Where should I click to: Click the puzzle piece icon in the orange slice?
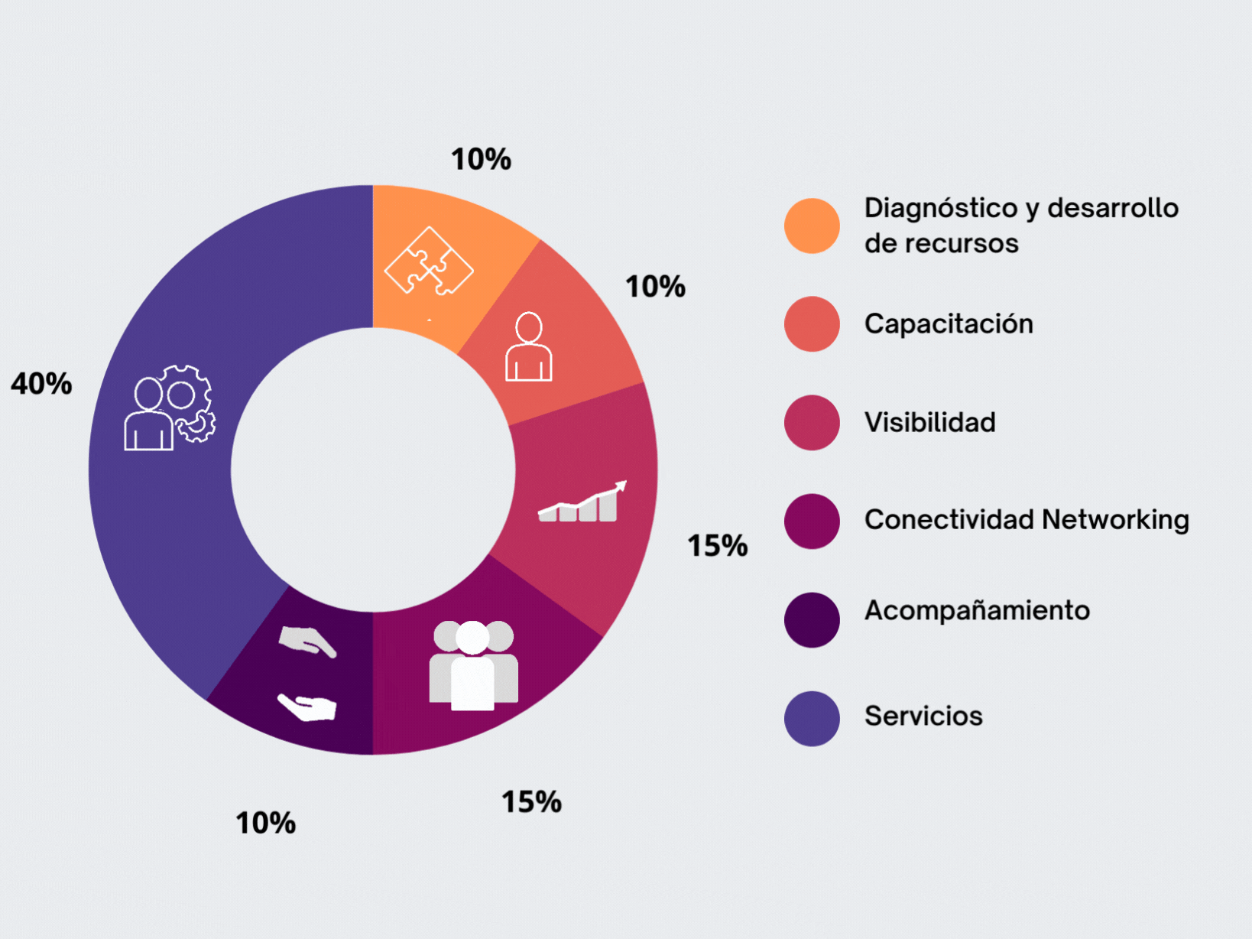tap(429, 262)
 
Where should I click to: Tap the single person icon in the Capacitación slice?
tap(528, 347)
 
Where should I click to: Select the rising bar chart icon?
tap(582, 502)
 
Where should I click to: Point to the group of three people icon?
tap(473, 665)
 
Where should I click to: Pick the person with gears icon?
tap(170, 408)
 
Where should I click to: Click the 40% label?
tap(41, 383)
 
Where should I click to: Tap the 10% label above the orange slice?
tap(481, 159)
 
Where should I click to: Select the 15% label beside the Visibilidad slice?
tap(717, 545)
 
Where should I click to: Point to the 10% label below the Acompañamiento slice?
tap(265, 823)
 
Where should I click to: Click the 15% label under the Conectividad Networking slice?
tap(531, 802)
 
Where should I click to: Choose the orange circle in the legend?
tap(812, 226)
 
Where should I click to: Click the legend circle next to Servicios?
tap(812, 718)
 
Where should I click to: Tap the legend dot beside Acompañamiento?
tap(812, 619)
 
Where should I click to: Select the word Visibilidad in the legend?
tap(929, 422)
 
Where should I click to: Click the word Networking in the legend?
tap(1114, 519)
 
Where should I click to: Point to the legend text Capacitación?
tap(949, 323)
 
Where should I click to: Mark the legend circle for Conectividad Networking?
tap(812, 521)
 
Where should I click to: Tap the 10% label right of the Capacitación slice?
tap(655, 287)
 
